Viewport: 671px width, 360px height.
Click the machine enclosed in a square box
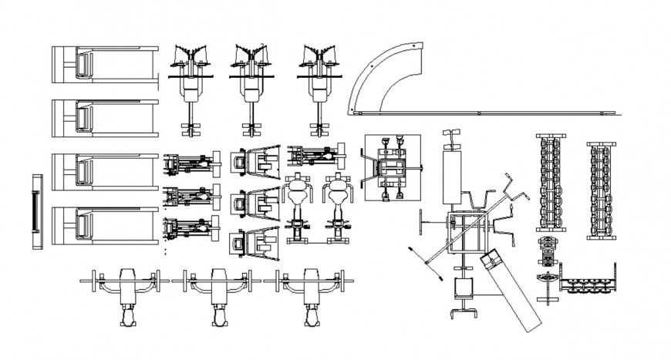pyautogui.click(x=393, y=168)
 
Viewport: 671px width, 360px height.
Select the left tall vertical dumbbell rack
pyautogui.click(x=551, y=183)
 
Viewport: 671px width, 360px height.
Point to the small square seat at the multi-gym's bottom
pyautogui.click(x=463, y=288)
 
